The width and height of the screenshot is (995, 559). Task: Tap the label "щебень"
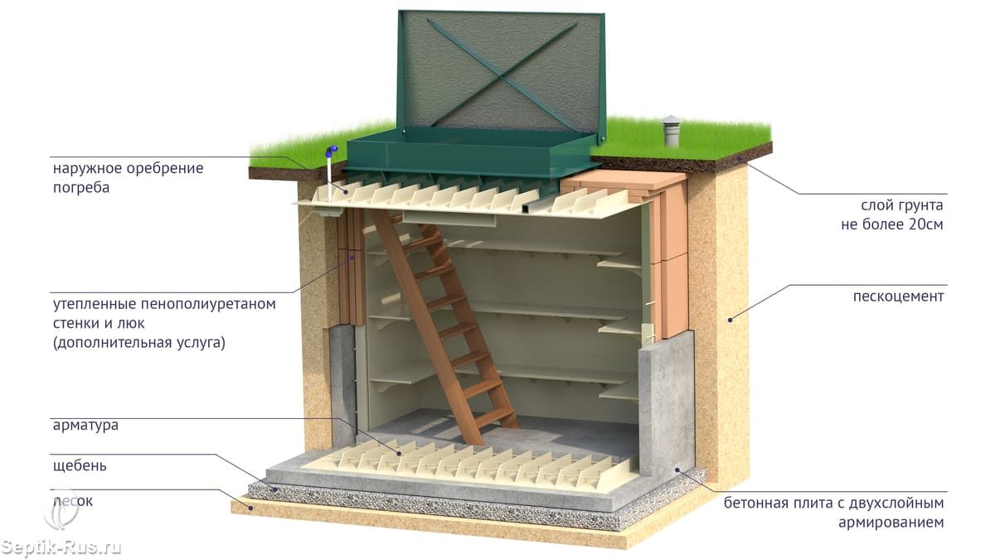[x=80, y=465]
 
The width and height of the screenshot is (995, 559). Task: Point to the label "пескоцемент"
[x=898, y=296]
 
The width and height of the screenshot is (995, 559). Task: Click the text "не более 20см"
[x=892, y=224]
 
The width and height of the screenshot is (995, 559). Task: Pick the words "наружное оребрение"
[x=129, y=169]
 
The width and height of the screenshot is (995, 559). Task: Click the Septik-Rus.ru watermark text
[x=61, y=547]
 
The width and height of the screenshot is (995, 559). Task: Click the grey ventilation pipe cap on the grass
[x=671, y=127]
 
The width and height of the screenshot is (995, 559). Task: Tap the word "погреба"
[x=81, y=187]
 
